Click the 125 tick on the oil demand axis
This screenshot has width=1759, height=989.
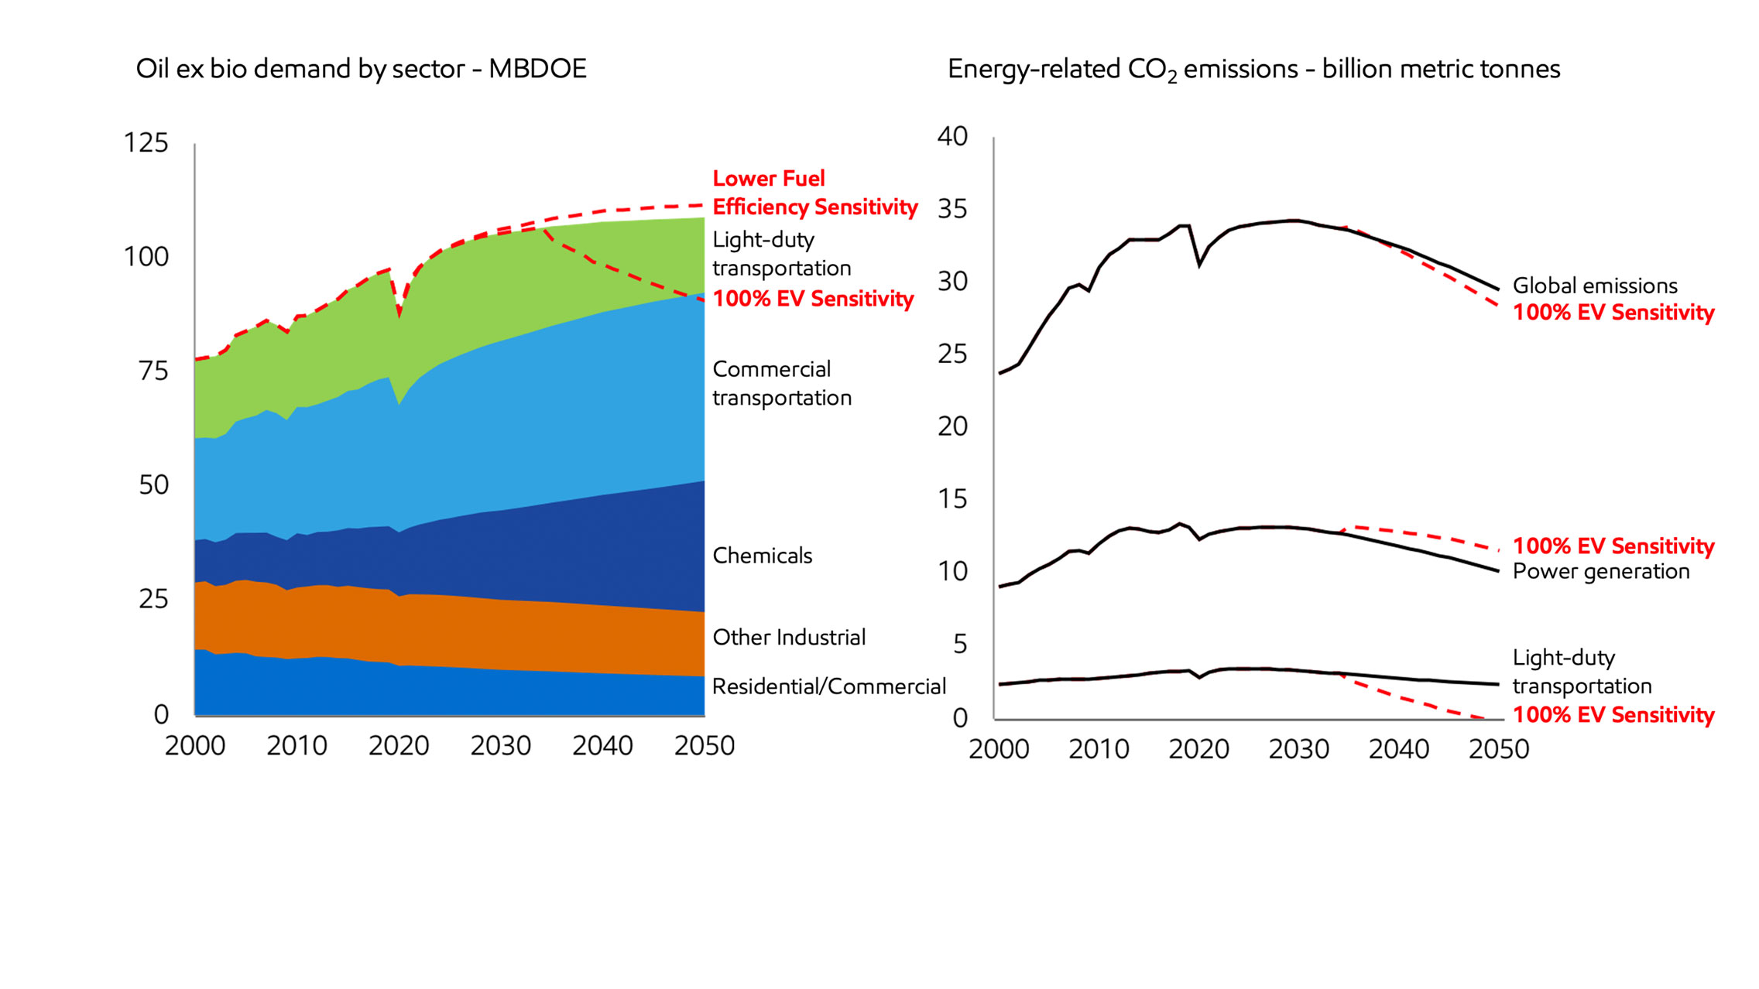click(146, 143)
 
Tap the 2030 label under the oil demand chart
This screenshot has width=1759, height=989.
click(500, 746)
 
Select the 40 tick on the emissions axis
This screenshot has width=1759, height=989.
click(952, 136)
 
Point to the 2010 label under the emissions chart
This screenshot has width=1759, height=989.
click(1099, 749)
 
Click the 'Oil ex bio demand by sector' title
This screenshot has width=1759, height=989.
click(361, 69)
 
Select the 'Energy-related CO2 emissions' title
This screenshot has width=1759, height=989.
click(1253, 70)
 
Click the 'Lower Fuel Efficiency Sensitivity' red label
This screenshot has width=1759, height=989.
click(814, 193)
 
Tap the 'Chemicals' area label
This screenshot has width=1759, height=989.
click(762, 556)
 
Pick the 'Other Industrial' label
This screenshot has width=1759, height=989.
click(789, 638)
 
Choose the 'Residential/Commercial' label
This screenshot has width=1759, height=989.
click(828, 686)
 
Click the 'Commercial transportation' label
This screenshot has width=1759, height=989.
click(781, 383)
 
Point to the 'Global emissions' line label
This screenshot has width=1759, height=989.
click(1595, 286)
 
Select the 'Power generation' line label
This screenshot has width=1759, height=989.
click(1600, 571)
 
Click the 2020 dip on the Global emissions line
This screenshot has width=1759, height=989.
click(1199, 265)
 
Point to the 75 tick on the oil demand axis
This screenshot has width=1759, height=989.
click(153, 371)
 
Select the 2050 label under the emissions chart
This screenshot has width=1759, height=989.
click(1499, 749)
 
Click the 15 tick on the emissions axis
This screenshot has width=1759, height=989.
click(953, 499)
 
